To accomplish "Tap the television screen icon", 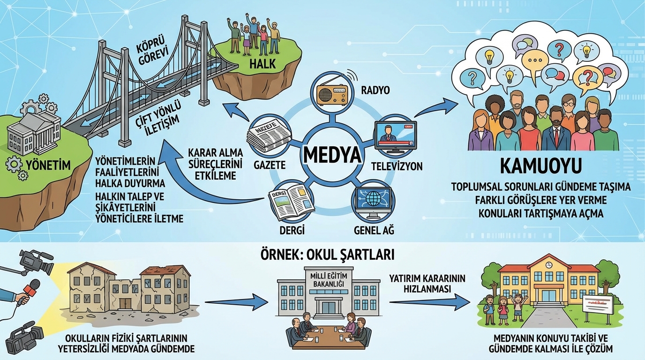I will point(395,135).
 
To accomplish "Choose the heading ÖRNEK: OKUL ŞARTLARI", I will point(327,255).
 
